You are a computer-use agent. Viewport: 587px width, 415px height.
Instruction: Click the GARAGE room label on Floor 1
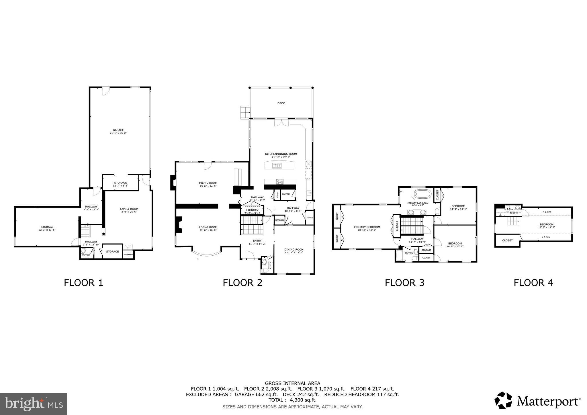click(x=118, y=130)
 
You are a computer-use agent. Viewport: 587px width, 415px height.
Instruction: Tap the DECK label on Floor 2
click(x=281, y=103)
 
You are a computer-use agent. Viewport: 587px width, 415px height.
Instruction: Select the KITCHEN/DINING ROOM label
click(x=281, y=154)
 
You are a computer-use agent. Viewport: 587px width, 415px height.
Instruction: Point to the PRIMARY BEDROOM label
click(x=367, y=227)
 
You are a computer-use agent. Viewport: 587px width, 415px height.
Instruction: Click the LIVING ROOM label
click(x=208, y=227)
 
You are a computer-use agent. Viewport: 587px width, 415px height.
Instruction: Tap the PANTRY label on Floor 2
click(x=286, y=194)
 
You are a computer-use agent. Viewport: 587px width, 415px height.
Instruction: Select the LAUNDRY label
click(x=252, y=210)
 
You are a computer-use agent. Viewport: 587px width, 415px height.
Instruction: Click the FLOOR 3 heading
click(x=404, y=283)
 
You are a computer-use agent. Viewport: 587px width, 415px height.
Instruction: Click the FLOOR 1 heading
click(x=83, y=283)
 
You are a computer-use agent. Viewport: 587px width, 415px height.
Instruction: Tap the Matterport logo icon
click(x=503, y=400)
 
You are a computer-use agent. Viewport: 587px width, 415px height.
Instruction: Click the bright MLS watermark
click(x=34, y=404)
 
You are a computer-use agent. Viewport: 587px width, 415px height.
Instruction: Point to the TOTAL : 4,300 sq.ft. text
click(x=292, y=400)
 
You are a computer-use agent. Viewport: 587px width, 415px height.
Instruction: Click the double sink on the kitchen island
click(x=277, y=165)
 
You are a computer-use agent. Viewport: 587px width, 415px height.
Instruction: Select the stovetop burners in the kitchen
click(x=280, y=181)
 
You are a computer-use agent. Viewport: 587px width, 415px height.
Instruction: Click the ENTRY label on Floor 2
click(x=257, y=240)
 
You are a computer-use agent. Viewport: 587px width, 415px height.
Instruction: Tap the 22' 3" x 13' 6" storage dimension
click(x=47, y=230)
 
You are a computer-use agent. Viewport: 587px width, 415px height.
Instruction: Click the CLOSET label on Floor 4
click(x=507, y=240)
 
